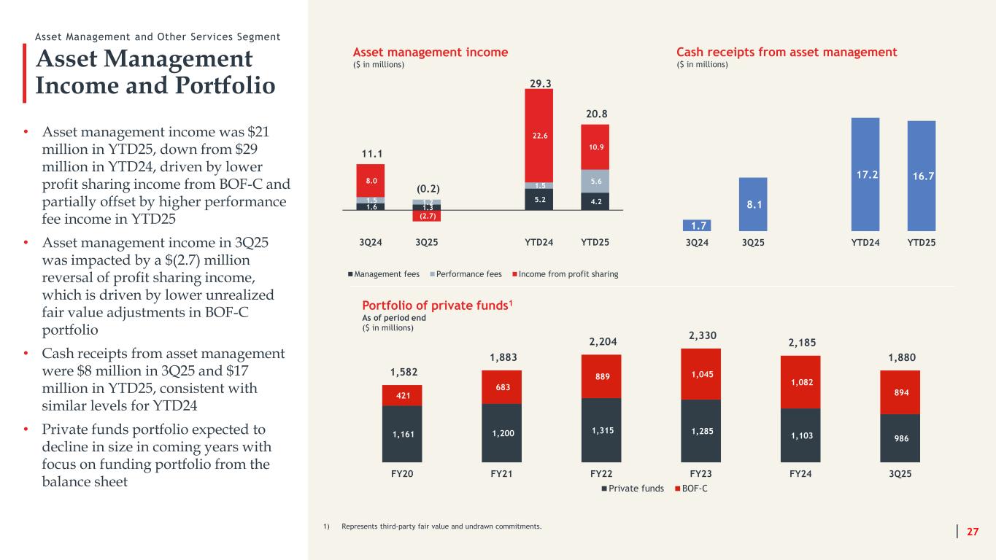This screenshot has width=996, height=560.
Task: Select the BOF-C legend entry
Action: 690,489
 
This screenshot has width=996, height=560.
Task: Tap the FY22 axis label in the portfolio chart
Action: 601,473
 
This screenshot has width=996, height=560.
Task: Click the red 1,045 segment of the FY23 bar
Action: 700,374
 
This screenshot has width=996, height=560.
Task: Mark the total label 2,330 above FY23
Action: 700,336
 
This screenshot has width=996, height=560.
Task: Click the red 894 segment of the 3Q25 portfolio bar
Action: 900,392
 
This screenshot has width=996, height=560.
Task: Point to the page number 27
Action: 973,532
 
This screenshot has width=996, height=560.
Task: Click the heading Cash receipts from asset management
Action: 787,52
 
